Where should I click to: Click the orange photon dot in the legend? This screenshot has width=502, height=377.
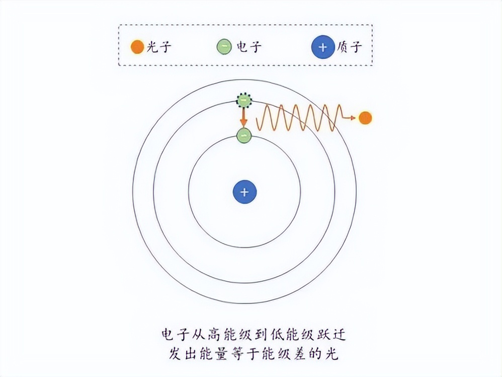136,48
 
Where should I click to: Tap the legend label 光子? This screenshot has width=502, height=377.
159,48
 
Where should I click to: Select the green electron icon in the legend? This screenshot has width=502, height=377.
224,48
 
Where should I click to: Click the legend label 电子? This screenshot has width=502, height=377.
247,48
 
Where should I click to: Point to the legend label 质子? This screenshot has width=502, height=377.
348,48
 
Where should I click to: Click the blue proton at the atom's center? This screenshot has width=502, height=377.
244,192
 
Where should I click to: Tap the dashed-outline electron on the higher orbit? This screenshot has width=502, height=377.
244,101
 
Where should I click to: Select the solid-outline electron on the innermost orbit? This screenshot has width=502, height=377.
244,135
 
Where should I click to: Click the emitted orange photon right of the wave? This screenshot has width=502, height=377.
365,118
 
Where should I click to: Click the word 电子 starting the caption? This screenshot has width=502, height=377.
174,334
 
